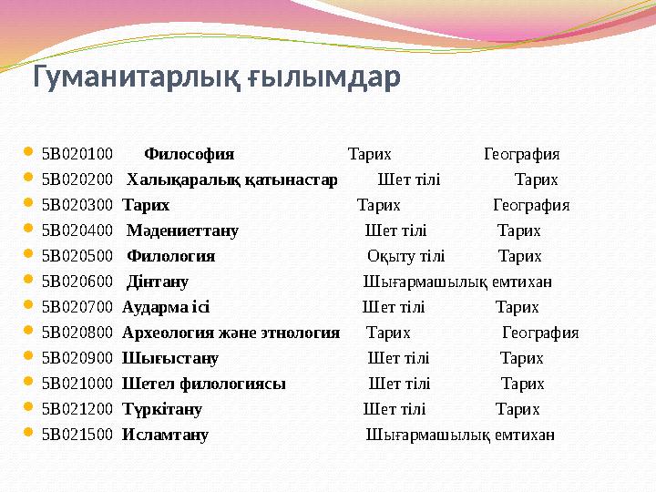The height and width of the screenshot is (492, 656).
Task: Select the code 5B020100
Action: point(77,153)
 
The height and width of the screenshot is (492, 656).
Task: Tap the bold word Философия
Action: point(190,153)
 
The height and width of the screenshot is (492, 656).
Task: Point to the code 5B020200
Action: point(77,179)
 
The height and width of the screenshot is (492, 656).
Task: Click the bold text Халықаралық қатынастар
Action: point(232,179)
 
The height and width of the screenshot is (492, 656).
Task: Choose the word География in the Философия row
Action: point(522,153)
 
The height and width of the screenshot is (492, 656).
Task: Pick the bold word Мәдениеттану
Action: point(182,231)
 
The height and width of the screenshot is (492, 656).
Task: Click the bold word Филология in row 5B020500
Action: point(171,256)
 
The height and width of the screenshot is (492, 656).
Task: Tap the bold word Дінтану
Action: point(158,282)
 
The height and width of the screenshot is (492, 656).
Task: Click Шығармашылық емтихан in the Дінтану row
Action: point(457,282)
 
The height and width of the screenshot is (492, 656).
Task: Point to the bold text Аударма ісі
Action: point(167,307)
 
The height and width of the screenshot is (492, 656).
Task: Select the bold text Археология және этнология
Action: point(231,333)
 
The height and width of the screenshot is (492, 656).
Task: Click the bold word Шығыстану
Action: point(170,358)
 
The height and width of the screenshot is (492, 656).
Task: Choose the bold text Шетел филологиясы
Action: point(204,384)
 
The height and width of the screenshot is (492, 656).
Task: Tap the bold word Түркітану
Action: point(162,409)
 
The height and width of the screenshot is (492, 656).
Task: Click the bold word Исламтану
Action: point(166,435)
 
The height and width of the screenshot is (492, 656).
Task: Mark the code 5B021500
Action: point(77,435)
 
